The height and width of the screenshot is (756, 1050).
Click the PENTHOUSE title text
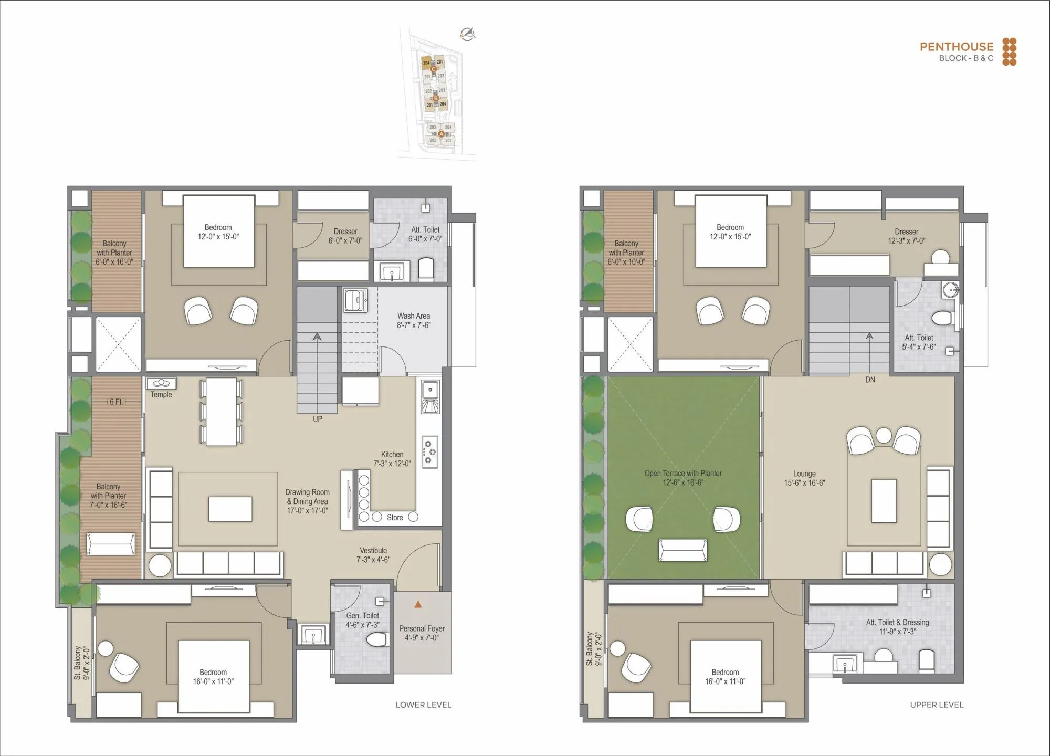(956, 47)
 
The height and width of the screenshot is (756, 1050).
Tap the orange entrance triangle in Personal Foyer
(418, 605)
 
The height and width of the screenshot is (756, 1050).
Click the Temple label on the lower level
(161, 395)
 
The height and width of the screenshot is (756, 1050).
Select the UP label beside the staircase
(318, 419)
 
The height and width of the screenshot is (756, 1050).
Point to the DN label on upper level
(870, 380)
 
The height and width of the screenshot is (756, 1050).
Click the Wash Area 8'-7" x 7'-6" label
(414, 321)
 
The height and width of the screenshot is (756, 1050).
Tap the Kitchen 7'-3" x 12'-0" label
(392, 459)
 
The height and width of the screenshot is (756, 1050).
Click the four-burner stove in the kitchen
(430, 451)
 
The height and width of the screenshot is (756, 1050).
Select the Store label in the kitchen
(395, 518)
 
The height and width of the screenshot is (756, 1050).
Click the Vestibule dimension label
(373, 555)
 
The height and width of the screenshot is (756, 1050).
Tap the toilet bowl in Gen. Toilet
(377, 639)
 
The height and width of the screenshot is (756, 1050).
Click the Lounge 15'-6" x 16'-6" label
(804, 478)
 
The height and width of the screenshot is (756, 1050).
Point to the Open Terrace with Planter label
(683, 478)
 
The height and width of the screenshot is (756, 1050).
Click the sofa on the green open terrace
(682, 550)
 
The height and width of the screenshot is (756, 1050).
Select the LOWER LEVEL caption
(423, 705)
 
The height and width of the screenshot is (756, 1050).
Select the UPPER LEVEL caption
(937, 705)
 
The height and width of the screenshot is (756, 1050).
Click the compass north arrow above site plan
(467, 35)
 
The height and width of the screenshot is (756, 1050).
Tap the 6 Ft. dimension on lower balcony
(117, 402)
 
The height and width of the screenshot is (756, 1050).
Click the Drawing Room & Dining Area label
(307, 501)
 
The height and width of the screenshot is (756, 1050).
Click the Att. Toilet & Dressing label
(897, 627)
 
